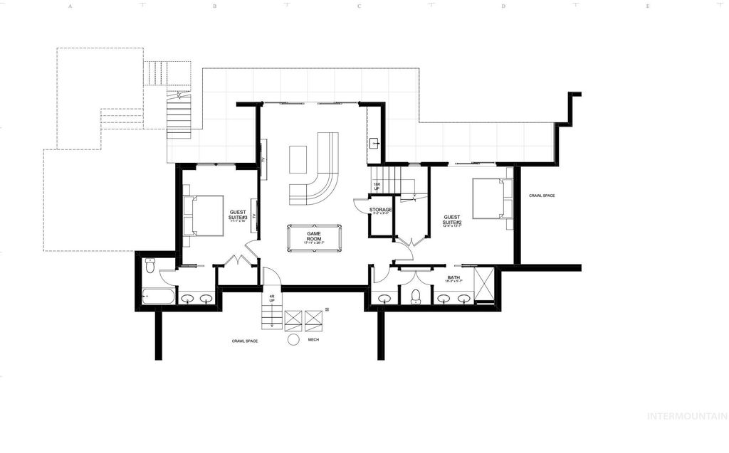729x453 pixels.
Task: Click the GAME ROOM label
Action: pos(314,235)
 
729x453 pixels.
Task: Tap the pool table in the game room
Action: pos(314,238)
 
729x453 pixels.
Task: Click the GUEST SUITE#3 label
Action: pos(238,215)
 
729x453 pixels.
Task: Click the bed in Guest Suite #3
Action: pos(203,215)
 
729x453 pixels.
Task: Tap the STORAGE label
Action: pos(382,210)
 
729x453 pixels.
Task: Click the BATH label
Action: pos(453,278)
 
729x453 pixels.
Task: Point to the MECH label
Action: pos(313,340)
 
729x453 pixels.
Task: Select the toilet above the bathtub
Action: pos(150,265)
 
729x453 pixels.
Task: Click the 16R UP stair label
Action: pos(377,186)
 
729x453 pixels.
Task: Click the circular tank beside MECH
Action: pos(293,340)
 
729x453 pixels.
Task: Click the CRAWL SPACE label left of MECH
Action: pos(244,341)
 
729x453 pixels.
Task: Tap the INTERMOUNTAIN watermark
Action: pos(686,416)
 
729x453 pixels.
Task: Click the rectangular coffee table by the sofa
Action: pos(298,159)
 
